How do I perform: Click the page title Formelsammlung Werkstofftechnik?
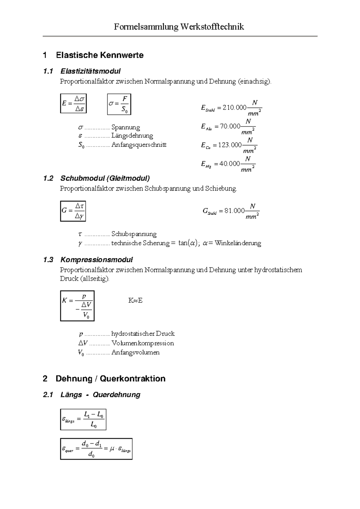(179, 27)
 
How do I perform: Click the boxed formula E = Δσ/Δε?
(73, 103)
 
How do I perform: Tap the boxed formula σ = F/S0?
(119, 104)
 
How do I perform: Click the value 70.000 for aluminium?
(230, 126)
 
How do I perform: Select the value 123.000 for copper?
(230, 145)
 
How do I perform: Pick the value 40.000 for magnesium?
(229, 164)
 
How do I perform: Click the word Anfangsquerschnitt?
(139, 145)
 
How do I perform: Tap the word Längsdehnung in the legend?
(132, 135)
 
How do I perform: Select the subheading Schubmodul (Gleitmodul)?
(105, 178)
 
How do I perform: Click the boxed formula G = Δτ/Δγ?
(73, 211)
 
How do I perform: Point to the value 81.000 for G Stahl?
(235, 211)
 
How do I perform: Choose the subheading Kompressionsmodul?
(96, 260)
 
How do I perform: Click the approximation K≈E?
(135, 300)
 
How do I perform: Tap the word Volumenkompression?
(142, 343)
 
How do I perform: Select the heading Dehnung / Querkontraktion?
(110, 379)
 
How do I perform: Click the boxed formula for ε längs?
(83, 419)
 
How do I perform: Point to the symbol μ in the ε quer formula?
(112, 449)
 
